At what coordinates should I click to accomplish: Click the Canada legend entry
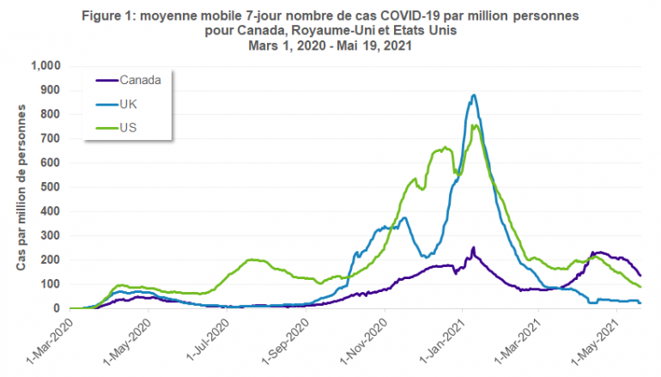coord(142,81)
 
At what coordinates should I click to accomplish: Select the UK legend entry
coord(130,104)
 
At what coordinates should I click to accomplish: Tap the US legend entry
coord(129,128)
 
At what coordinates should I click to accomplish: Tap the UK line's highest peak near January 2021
coord(474,95)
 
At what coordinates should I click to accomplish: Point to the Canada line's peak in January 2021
coord(473,247)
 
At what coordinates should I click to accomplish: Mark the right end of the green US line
coord(640,287)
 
